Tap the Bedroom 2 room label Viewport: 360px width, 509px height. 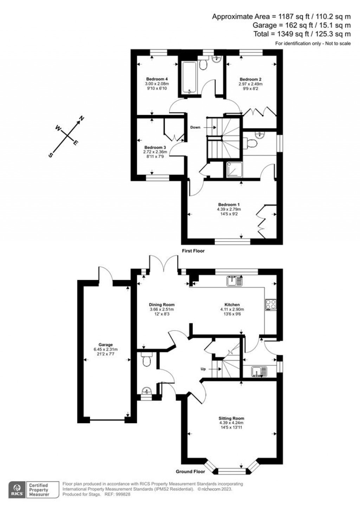click(250, 79)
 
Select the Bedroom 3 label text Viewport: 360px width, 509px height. click(155, 147)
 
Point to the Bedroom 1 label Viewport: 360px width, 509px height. click(229, 205)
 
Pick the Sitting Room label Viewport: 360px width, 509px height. click(231, 419)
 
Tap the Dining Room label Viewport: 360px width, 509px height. click(162, 305)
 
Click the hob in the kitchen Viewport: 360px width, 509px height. click(271, 304)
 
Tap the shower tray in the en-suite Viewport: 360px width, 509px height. click(233, 170)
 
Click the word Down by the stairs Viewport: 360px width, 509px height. click(195, 127)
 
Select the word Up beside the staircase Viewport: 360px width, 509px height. click(203, 369)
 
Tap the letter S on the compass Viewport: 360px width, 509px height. click(51, 155)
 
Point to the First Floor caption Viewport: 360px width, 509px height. click(193, 251)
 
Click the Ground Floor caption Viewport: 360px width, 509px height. click(190, 471)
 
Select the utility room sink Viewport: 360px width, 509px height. click(259, 371)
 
